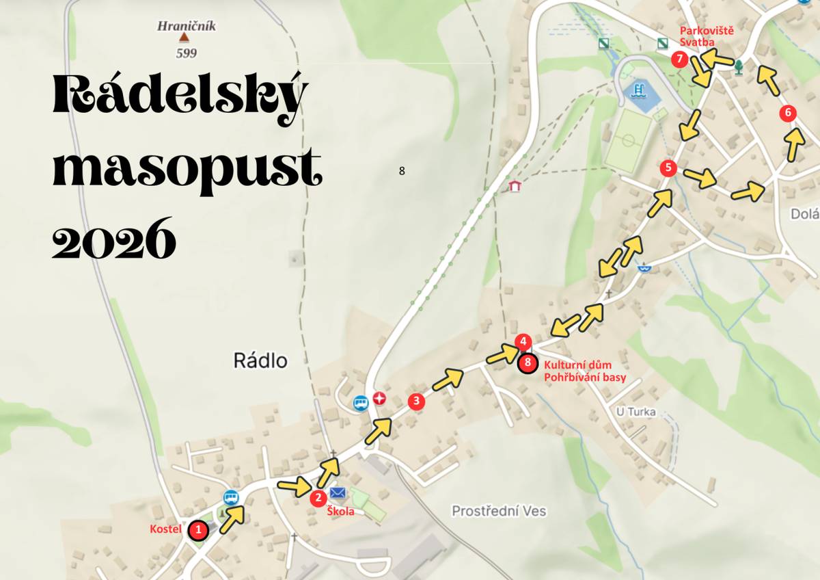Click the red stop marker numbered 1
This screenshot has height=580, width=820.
198,529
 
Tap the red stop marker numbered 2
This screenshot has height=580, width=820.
317,499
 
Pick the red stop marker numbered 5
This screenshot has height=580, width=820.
668,168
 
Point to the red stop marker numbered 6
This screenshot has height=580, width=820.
788,114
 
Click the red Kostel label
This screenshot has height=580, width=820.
166,529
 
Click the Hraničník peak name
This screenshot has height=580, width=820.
187,27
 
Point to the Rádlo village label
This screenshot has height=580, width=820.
260,360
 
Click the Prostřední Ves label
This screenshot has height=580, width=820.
499,511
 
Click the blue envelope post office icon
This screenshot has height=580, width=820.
338,493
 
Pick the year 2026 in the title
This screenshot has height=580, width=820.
115,239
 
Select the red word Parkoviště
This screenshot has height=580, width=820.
697,31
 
